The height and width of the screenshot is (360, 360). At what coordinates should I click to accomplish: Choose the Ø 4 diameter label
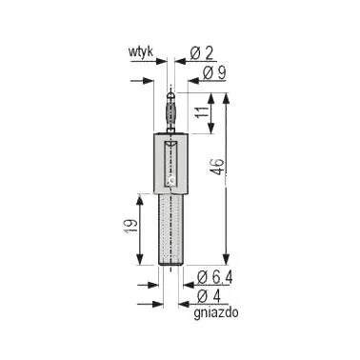[x=209, y=297]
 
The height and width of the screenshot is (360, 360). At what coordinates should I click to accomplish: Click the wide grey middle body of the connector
[x=170, y=162]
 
